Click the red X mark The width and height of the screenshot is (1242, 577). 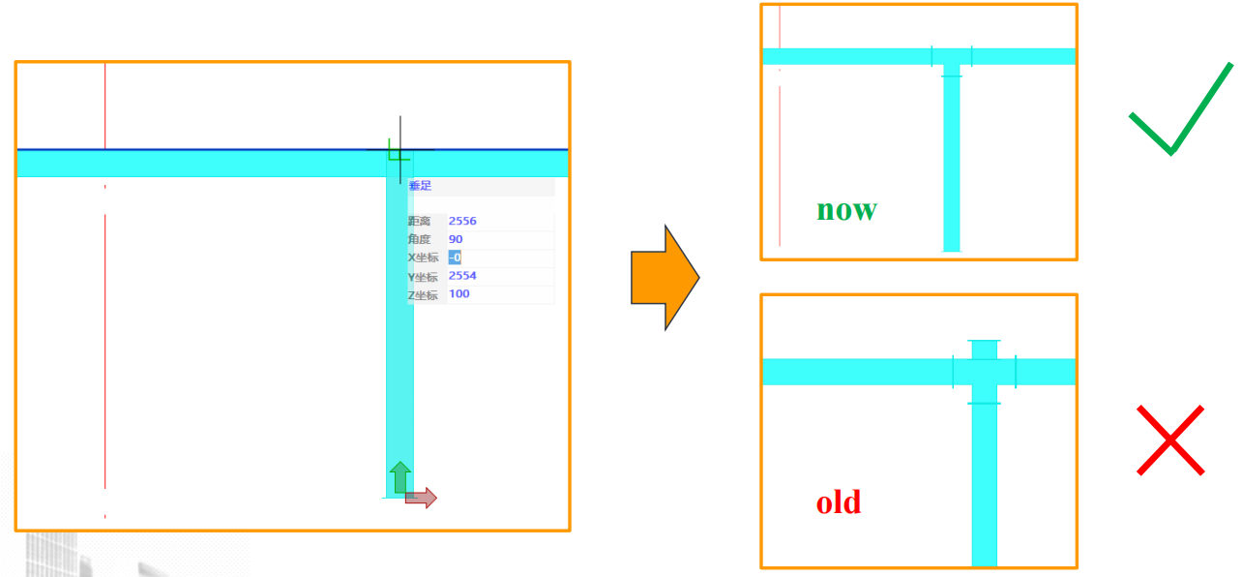tap(1169, 440)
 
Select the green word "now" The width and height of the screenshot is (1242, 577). tap(846, 209)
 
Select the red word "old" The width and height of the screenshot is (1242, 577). tap(838, 502)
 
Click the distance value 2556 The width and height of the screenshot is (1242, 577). tap(462, 221)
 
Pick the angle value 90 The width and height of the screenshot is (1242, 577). tap(456, 239)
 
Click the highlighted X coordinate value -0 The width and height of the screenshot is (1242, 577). tap(455, 258)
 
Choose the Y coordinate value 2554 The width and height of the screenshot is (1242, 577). tap(462, 276)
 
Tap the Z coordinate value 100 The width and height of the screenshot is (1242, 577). tap(459, 294)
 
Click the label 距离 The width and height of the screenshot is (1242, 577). tap(422, 222)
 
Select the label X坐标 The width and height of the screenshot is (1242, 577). tap(424, 258)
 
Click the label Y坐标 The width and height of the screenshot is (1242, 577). tap(424, 277)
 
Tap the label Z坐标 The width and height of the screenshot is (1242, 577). tap(424, 295)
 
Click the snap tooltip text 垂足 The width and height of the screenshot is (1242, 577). tap(420, 186)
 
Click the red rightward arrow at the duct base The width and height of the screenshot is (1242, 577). tap(422, 498)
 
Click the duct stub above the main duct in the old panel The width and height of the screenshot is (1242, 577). tap(984, 349)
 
